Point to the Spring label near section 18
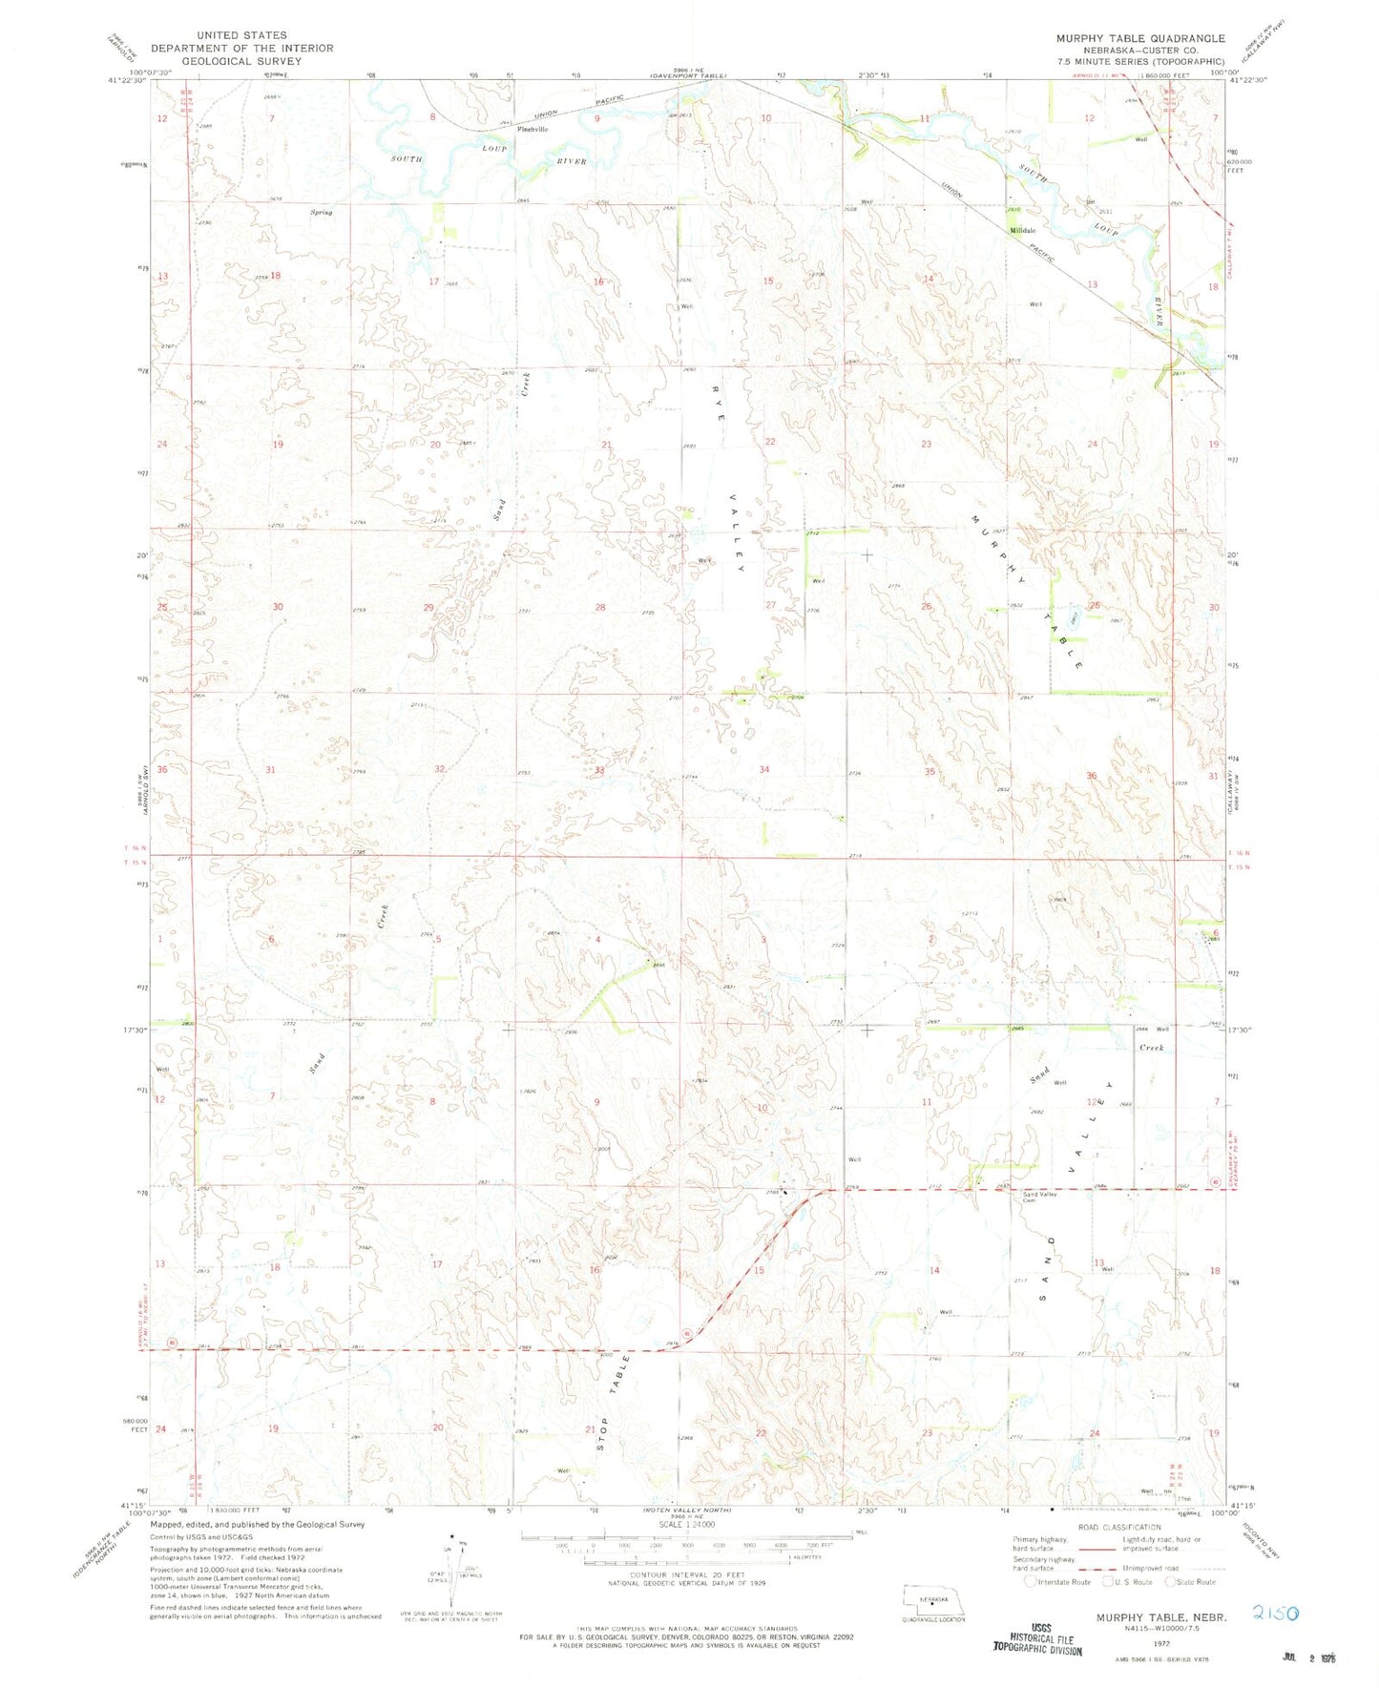click(321, 213)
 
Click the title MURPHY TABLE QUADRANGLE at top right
click(1139, 38)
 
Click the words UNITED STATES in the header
click(241, 35)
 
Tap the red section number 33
click(600, 769)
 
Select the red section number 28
click(600, 608)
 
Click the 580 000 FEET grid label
click(166, 1424)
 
